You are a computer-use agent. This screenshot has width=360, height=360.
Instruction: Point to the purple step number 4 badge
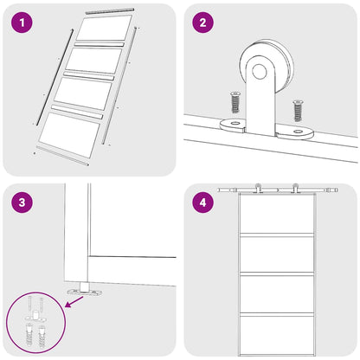coord(202,203)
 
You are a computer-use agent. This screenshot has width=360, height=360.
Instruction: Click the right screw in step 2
coord(298,111)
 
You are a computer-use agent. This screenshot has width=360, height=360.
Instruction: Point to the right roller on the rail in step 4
coord(295,188)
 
